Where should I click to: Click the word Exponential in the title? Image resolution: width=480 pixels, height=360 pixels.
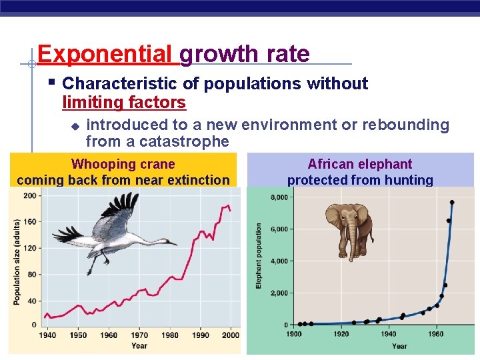click(x=104, y=53)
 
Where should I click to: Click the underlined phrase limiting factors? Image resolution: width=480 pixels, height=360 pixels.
click(x=123, y=103)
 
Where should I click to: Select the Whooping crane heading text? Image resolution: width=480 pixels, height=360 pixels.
click(x=123, y=164)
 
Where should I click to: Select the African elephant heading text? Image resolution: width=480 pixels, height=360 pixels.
click(x=360, y=164)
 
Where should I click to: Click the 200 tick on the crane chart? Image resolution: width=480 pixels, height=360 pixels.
click(x=30, y=196)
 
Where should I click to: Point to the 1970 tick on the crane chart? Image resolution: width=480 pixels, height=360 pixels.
click(x=139, y=335)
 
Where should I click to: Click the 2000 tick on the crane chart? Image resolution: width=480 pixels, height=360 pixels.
click(x=230, y=335)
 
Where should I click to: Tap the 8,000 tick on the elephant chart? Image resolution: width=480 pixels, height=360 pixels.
click(x=279, y=197)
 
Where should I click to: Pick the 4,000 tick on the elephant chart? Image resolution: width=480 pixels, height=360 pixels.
click(x=279, y=261)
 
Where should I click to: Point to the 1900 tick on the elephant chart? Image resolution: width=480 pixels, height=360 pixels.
click(x=294, y=334)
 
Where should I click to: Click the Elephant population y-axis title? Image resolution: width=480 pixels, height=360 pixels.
click(x=259, y=257)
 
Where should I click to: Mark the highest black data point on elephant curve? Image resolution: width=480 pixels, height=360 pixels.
click(x=452, y=202)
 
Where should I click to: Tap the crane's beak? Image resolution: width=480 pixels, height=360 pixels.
click(x=171, y=244)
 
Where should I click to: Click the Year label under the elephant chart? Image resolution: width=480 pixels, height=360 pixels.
click(x=399, y=345)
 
